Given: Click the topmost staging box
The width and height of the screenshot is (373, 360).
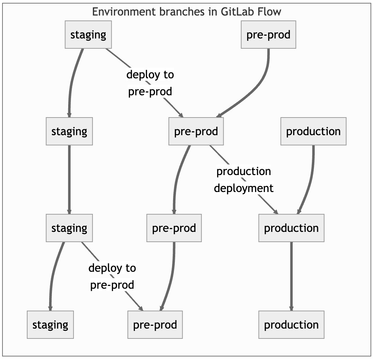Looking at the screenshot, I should coord(88,35).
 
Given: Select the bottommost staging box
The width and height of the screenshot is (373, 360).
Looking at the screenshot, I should coord(50,325).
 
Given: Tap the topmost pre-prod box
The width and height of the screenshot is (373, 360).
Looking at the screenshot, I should coord(268,35).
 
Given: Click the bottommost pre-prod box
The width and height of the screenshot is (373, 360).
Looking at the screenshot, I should coord(155,325).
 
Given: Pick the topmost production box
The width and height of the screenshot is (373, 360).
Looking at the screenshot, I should coord(313,131).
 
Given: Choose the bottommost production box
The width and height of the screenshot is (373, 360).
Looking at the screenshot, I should coord(291,325).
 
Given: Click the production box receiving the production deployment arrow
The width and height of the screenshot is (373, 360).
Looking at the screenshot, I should coord(291,228).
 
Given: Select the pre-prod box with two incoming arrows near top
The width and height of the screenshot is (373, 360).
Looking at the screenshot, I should coord(196,131).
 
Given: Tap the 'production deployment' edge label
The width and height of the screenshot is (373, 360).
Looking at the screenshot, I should coord(244,180).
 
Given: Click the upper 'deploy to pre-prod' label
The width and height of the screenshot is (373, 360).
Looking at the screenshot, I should coord(150,83).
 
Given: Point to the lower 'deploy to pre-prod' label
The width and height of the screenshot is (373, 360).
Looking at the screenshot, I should coord(112,276).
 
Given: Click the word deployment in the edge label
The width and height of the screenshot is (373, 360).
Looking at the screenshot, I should coord(244,188).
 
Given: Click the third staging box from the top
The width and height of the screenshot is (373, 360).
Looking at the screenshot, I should coord(69,228).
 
